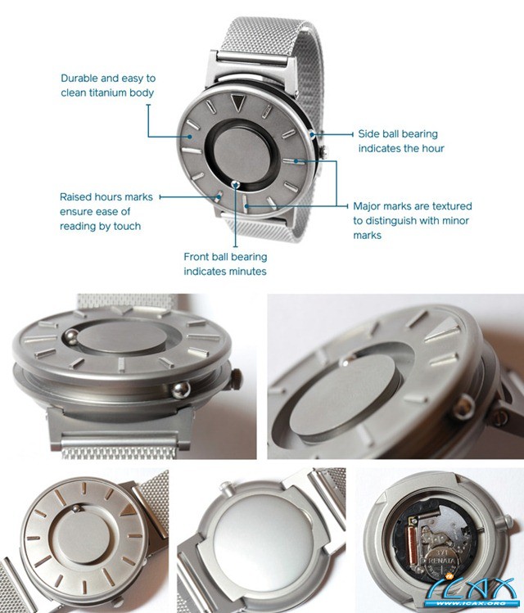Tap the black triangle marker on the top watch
click(x=237, y=102)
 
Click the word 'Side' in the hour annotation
click(x=368, y=133)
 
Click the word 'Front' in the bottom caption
click(x=197, y=257)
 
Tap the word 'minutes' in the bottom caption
click(x=246, y=272)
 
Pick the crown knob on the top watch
click(x=323, y=151)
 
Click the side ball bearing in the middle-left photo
click(x=181, y=390)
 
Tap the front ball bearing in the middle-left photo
click(x=70, y=337)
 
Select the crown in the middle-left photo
click(x=236, y=380)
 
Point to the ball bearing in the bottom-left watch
click(x=77, y=508)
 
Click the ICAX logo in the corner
click(x=475, y=595)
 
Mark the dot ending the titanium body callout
click(x=190, y=137)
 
